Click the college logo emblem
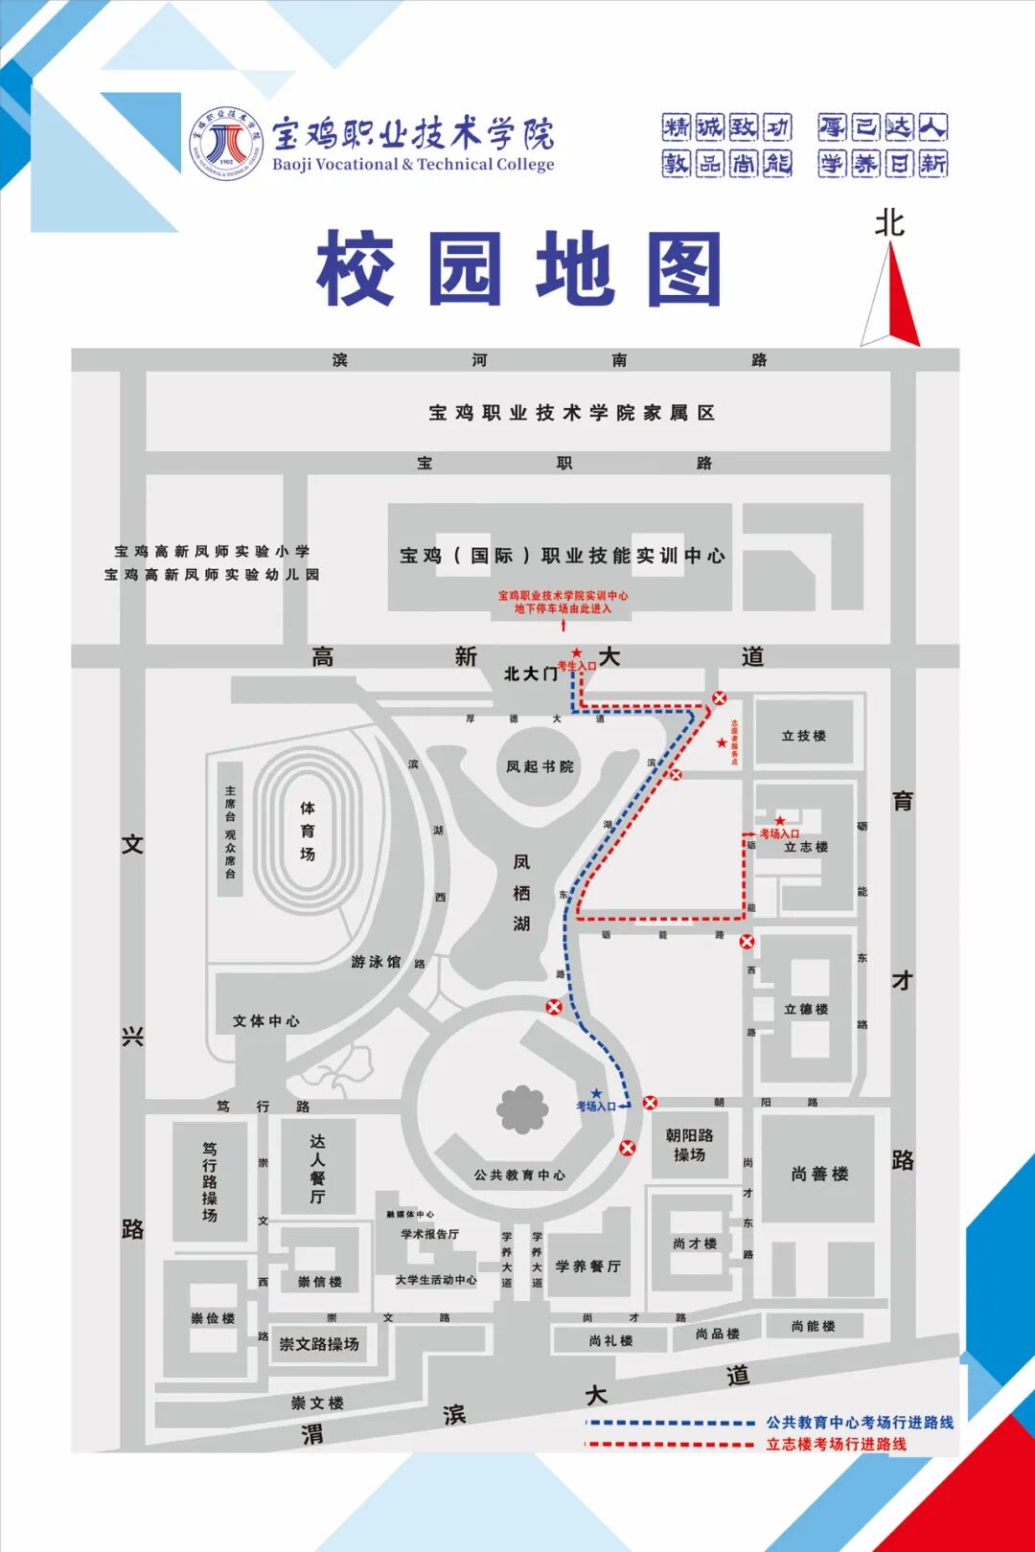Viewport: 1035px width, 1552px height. click(226, 143)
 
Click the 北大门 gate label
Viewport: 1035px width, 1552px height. click(530, 673)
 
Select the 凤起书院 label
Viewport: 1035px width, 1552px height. click(540, 766)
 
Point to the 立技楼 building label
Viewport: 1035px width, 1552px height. click(803, 736)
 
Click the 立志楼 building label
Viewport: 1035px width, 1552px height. click(806, 847)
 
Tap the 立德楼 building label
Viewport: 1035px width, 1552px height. click(806, 1009)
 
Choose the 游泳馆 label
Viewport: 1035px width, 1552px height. click(376, 962)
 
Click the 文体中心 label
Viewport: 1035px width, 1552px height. click(265, 1021)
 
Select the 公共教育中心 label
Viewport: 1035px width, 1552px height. click(519, 1175)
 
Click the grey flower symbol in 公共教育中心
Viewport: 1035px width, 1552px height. click(521, 1109)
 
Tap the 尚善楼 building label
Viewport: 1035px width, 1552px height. click(819, 1174)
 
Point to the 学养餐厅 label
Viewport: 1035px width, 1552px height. click(587, 1267)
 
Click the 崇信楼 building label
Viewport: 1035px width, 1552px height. click(319, 1282)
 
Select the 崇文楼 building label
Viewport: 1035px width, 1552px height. click(317, 1403)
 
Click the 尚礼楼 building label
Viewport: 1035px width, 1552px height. click(610, 1340)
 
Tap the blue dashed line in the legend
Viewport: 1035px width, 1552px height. click(671, 1423)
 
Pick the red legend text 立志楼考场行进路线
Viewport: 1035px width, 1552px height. click(836, 1444)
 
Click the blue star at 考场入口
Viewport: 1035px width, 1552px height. click(596, 1093)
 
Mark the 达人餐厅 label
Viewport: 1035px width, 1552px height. click(317, 1169)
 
